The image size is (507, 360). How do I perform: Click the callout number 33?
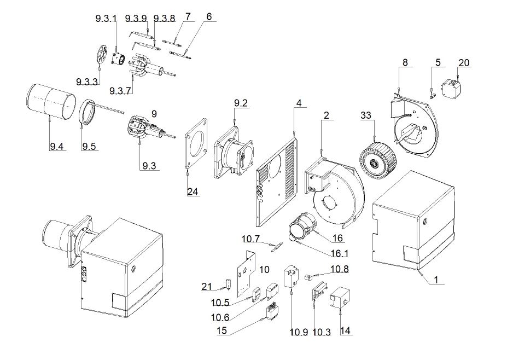(x=366, y=115)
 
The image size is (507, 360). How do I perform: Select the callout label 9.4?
(x=56, y=147)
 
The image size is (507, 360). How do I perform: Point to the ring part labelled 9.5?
(x=81, y=112)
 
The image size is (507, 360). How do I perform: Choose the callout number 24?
(x=193, y=191)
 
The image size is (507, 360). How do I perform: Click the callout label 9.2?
(x=241, y=103)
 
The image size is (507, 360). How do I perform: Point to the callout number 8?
(x=405, y=62)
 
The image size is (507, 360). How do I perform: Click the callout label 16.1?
(x=339, y=253)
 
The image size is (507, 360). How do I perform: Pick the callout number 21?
(x=207, y=286)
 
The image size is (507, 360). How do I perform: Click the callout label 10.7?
(x=250, y=239)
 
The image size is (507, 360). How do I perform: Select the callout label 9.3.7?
(x=120, y=91)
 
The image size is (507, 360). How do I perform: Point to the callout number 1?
(x=436, y=279)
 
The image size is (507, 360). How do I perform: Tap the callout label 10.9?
(x=299, y=332)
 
